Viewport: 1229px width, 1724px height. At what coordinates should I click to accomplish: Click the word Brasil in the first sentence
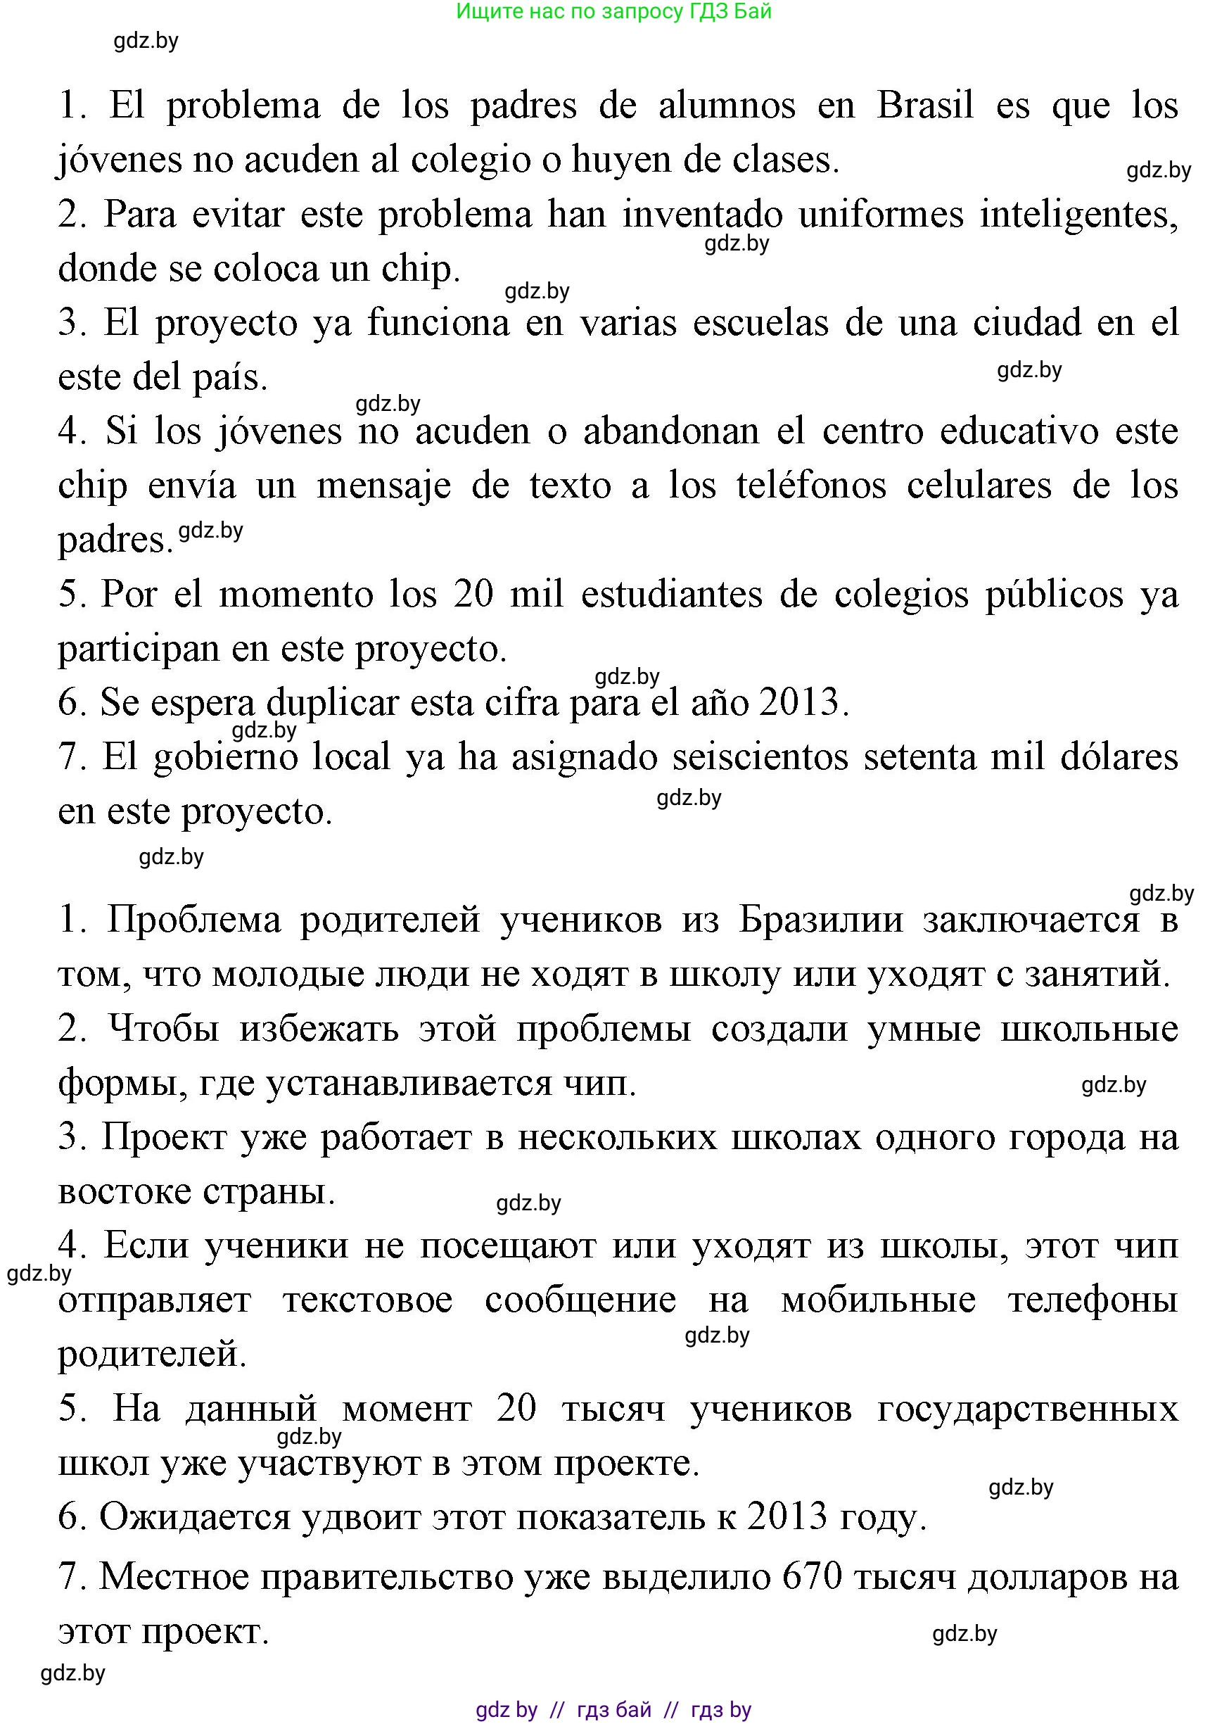(925, 105)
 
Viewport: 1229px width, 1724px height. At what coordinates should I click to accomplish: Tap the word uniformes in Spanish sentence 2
(881, 214)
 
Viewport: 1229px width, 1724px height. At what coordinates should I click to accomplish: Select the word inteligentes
(1078, 214)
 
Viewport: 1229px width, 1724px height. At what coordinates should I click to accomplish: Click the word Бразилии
(821, 920)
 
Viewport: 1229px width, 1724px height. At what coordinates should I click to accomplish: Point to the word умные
(924, 1029)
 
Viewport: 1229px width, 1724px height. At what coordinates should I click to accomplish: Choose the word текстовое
(368, 1300)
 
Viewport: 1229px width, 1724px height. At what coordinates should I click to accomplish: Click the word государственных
(1028, 1409)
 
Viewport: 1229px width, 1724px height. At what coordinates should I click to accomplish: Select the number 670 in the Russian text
(813, 1577)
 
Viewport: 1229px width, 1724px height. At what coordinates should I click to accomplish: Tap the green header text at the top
(613, 11)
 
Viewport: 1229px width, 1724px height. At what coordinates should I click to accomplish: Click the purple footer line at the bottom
(613, 1710)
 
